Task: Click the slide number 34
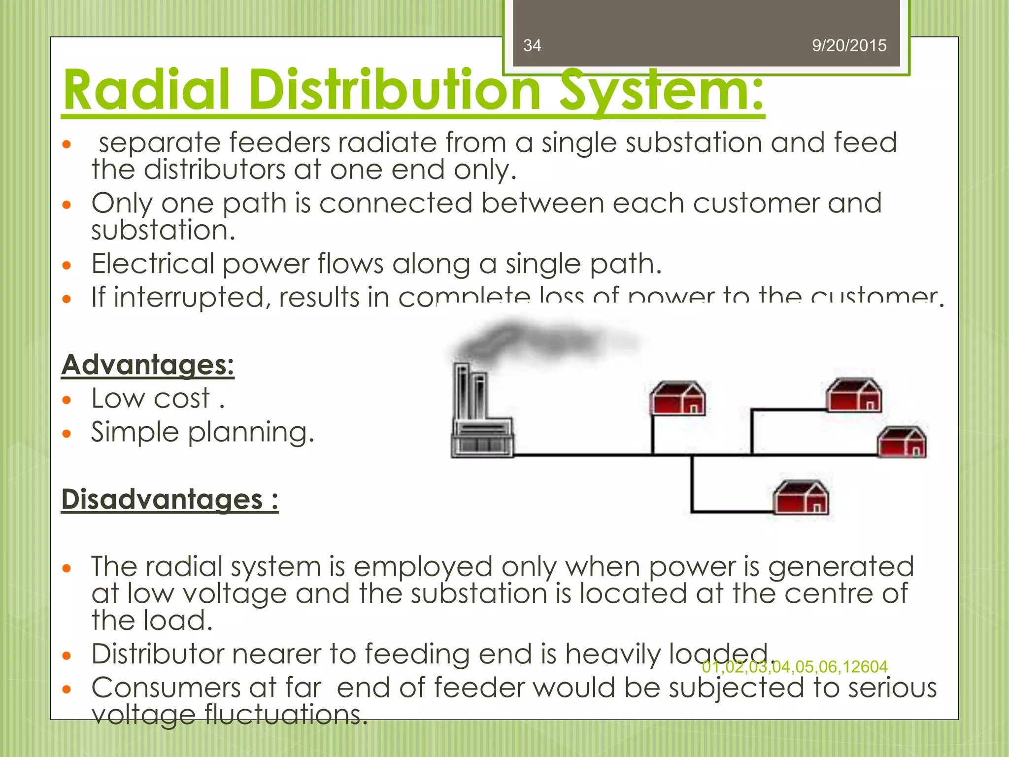pos(532,45)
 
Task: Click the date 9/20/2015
pos(849,45)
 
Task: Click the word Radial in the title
pos(147,90)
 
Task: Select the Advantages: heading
pos(148,365)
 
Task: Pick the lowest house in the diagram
pos(801,497)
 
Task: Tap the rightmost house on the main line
pos(902,442)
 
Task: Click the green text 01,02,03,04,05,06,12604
pos(795,667)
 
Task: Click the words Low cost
pos(151,398)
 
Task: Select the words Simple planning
pos(202,432)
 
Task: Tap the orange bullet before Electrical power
pos(67,266)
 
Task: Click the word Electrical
pos(153,264)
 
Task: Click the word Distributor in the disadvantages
pos(157,654)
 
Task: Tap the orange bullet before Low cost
pos(67,400)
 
